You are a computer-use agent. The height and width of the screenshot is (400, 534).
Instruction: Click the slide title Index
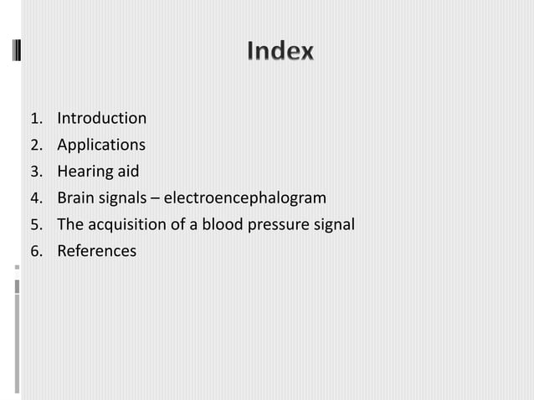(280, 52)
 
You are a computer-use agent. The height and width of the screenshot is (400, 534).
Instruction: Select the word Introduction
(101, 119)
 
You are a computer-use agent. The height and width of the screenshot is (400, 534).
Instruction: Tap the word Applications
(100, 146)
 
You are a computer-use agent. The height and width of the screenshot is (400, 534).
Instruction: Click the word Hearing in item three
(84, 172)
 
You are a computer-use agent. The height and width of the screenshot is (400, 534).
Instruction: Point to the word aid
(127, 172)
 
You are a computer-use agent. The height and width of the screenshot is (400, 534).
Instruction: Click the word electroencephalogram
(244, 198)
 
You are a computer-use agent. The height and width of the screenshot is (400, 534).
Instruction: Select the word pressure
(276, 225)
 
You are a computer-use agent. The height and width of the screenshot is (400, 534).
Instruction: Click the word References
(96, 251)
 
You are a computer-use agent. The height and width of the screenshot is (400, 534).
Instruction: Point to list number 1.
(35, 119)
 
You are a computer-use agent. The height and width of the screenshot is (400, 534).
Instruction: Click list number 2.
(35, 146)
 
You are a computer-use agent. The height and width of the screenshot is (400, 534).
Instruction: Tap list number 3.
(35, 172)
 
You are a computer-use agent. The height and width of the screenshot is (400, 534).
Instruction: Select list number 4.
(35, 199)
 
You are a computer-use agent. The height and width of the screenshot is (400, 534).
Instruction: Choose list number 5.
(35, 225)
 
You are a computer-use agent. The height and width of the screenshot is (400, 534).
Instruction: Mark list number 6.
(35, 252)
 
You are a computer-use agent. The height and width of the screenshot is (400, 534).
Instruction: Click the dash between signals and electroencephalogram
(157, 199)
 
